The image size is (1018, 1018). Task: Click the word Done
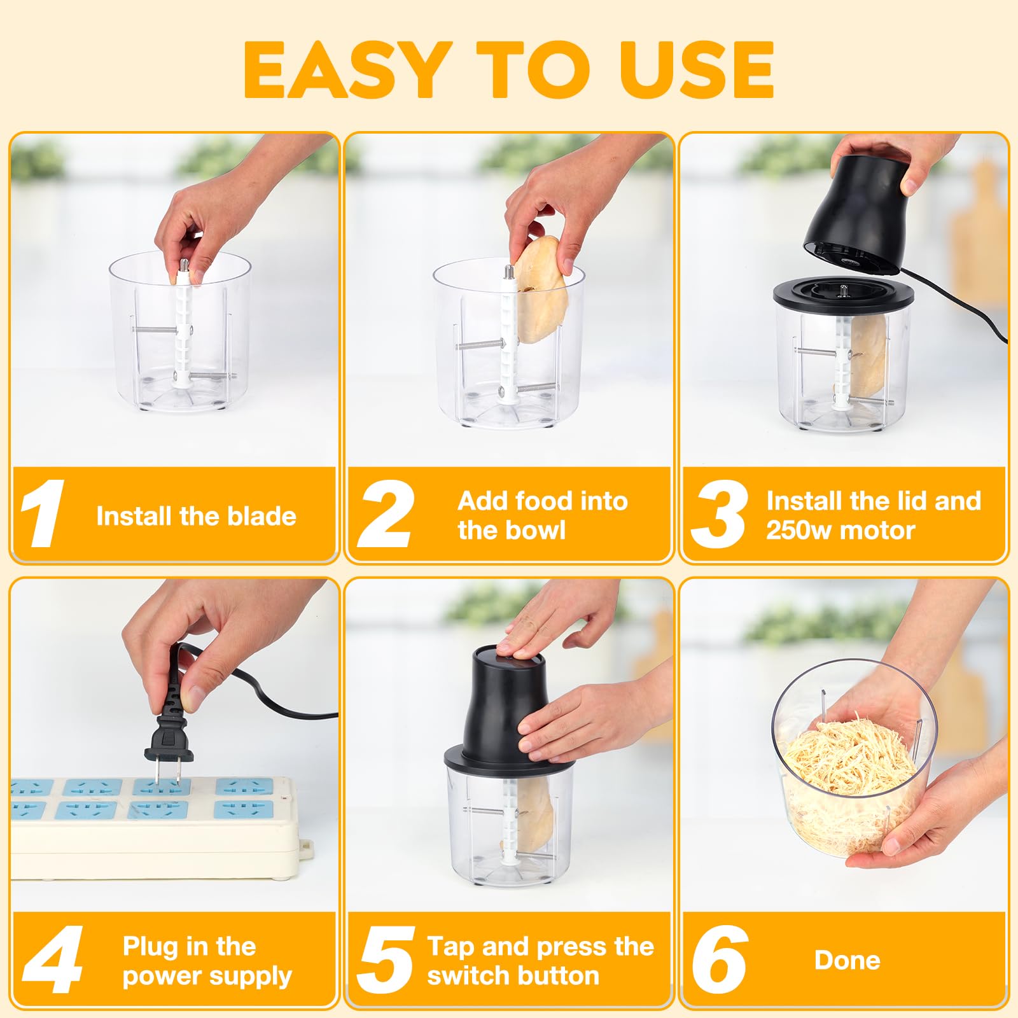click(847, 960)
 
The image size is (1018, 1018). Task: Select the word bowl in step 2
click(538, 530)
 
